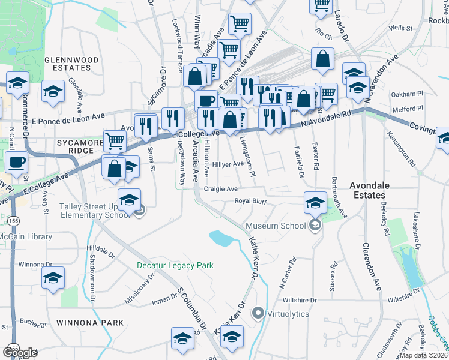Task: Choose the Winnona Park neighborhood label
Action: [90, 322]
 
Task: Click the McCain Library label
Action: [26, 236]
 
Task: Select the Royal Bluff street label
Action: [250, 201]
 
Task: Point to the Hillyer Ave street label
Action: [228, 163]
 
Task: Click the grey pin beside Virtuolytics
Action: [259, 313]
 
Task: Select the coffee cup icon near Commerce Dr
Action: [16, 162]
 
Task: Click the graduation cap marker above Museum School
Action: [315, 202]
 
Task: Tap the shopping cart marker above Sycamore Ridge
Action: [114, 142]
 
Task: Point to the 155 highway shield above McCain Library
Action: [14, 220]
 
